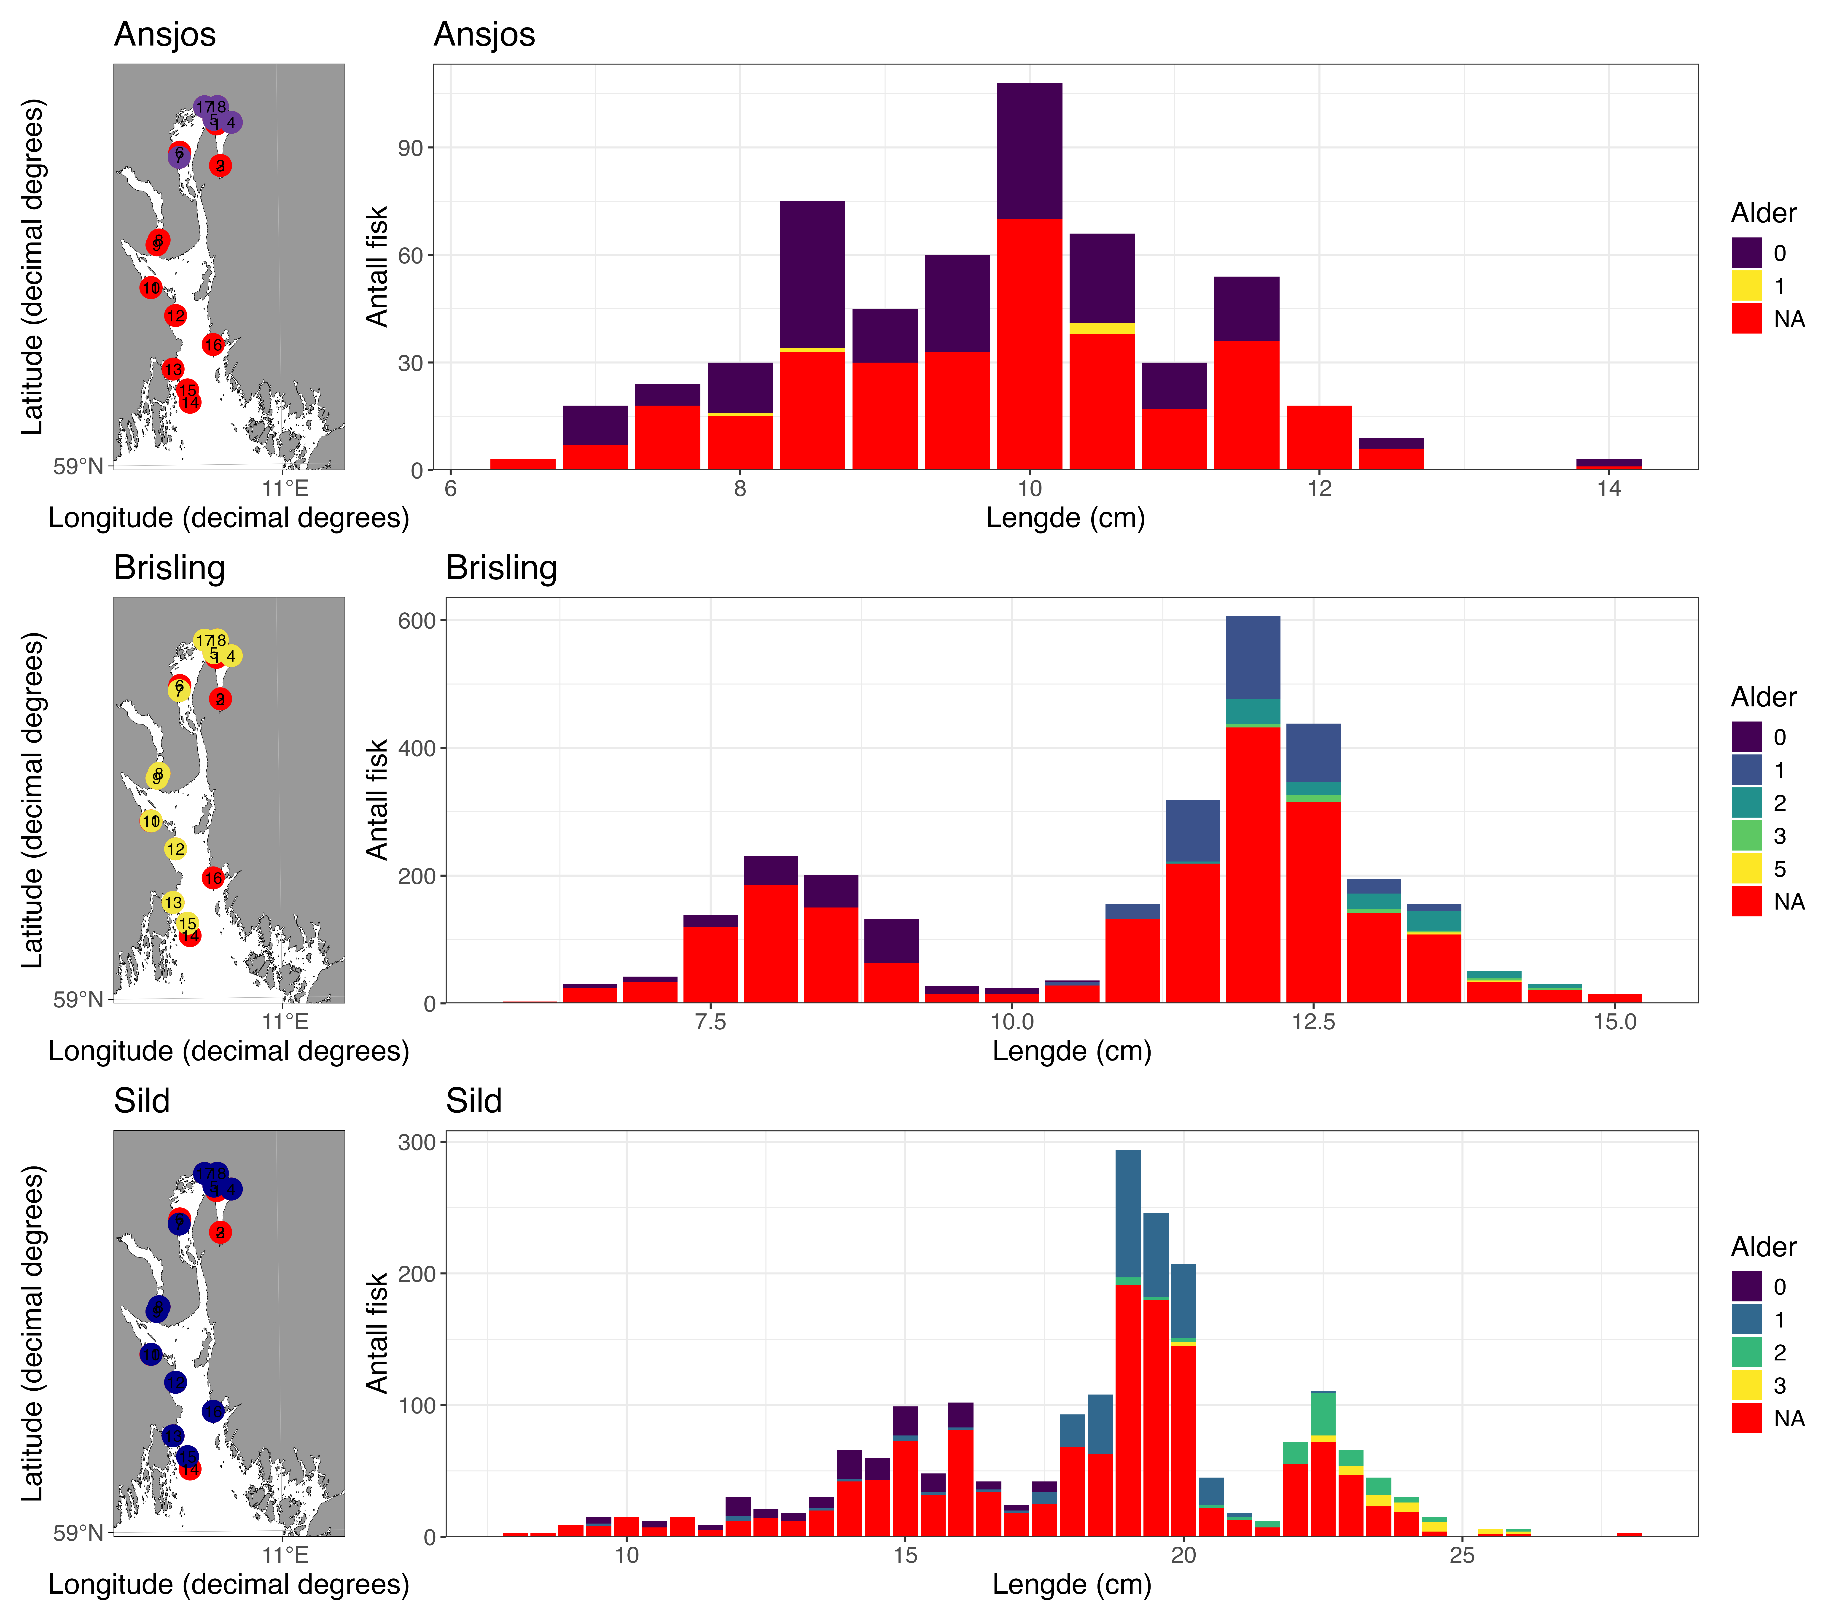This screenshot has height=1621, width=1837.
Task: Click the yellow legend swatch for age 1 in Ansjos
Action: click(x=1746, y=286)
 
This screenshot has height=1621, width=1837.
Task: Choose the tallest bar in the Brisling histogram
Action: click(x=1253, y=809)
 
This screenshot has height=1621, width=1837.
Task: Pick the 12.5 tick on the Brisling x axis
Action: click(x=1313, y=1022)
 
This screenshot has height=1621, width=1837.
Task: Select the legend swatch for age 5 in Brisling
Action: click(x=1746, y=868)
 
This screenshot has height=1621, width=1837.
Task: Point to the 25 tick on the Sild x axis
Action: click(x=1462, y=1555)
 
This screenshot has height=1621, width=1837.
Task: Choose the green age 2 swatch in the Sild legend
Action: click(x=1746, y=1352)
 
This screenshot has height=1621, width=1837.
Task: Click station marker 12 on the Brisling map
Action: click(x=175, y=849)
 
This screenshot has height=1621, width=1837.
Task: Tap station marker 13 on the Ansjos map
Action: click(x=172, y=369)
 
